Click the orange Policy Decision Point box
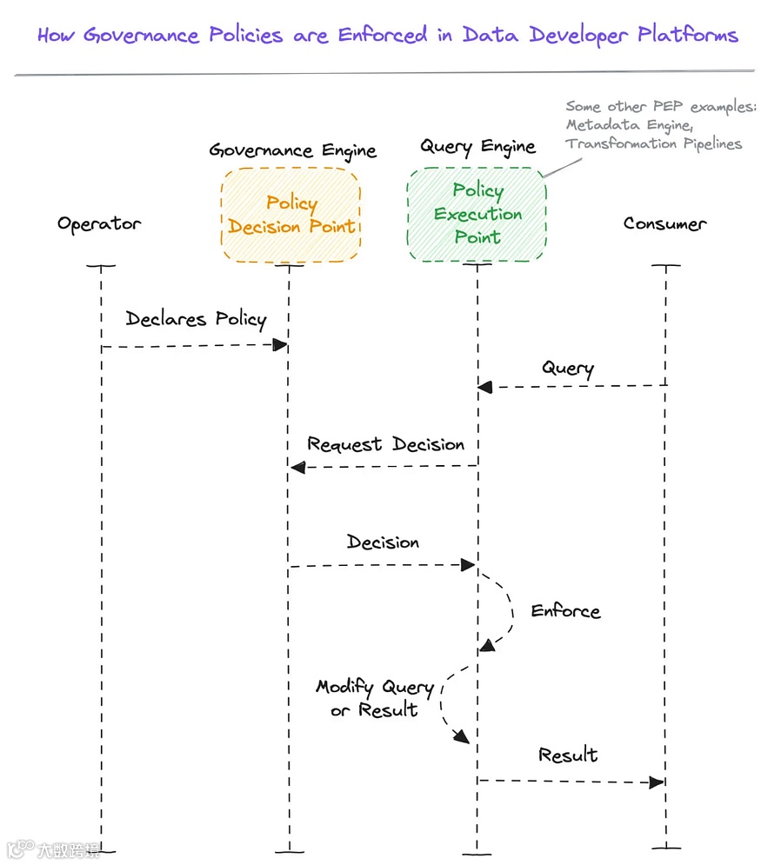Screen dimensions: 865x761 pos(290,215)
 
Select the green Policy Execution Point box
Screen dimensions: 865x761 pos(477,214)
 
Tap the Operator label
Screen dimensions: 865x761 pos(99,223)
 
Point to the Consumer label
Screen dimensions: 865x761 pos(665,223)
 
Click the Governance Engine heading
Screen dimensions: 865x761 pos(292,150)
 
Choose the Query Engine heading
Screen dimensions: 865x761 pos(477,146)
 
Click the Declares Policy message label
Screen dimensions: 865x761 pos(196,319)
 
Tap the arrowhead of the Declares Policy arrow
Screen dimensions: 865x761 pos(280,345)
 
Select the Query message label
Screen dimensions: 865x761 pos(568,368)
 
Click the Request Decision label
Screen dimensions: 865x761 pos(385,445)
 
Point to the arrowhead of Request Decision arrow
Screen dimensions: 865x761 pos(297,468)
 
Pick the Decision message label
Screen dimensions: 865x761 pos(383,542)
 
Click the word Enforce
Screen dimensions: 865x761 pos(565,611)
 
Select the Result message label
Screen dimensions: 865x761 pos(568,755)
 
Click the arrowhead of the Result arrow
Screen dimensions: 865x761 pos(658,782)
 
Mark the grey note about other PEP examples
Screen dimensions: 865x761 pos(660,125)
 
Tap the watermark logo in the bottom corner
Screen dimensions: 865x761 pos(21,848)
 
